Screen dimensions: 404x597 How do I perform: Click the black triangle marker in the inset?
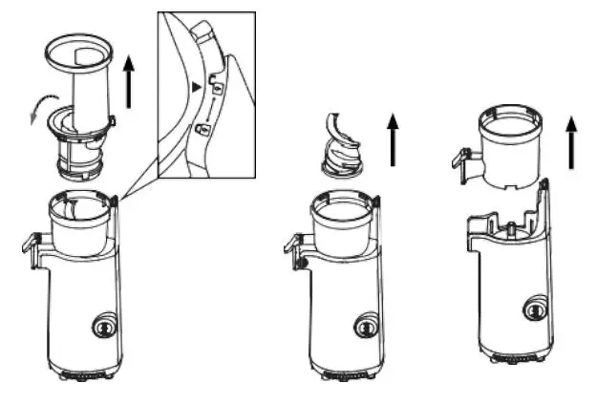(x=197, y=88)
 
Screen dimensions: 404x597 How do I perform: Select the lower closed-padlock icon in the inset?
(x=202, y=128)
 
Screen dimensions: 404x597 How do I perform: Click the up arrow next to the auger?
(x=392, y=138)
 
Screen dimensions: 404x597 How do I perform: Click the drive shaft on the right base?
(x=512, y=228)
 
